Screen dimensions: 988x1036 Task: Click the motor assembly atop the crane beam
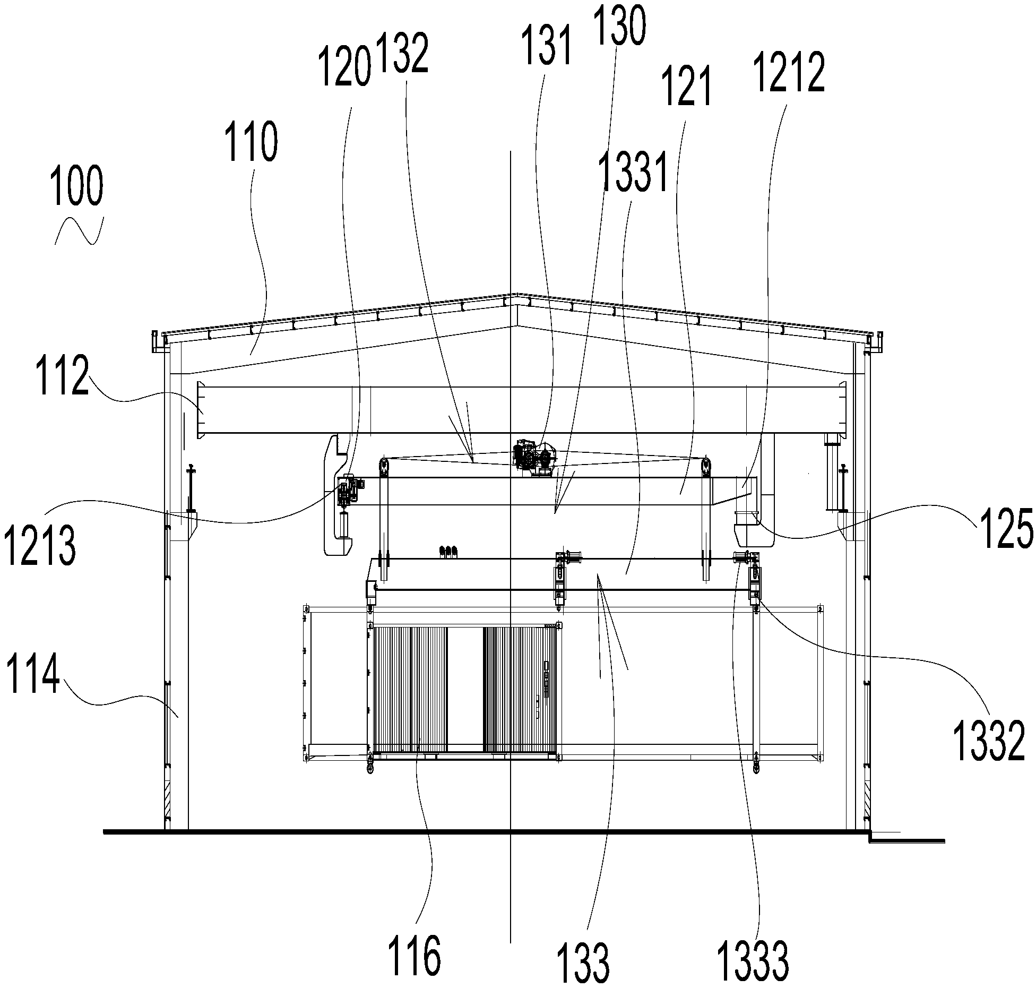pos(533,458)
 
